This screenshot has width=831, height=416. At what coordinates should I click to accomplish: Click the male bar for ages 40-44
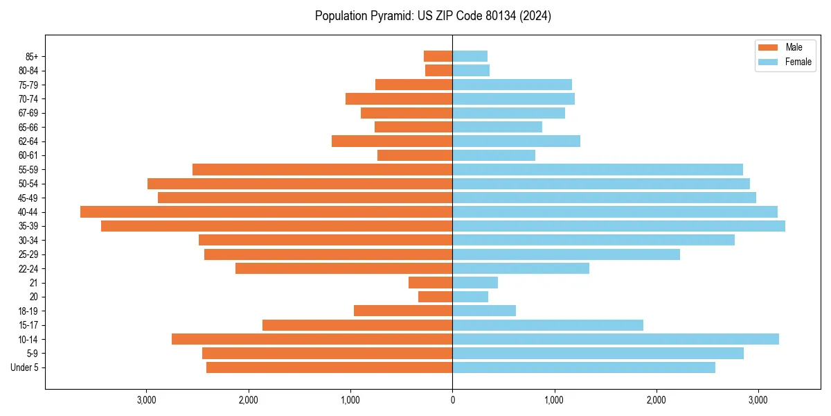(267, 211)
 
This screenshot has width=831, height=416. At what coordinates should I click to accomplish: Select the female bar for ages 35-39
(618, 226)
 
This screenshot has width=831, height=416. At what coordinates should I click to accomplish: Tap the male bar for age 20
(436, 297)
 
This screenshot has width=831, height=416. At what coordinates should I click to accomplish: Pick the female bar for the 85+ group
(470, 56)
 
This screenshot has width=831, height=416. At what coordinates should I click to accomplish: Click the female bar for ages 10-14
(616, 339)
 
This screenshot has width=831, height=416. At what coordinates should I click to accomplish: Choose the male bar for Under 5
(330, 367)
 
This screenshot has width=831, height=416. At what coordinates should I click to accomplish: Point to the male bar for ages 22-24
(344, 268)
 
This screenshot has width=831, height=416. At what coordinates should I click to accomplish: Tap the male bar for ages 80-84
(439, 70)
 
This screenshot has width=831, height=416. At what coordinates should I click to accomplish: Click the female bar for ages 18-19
(484, 311)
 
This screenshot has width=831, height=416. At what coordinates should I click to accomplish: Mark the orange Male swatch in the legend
(768, 47)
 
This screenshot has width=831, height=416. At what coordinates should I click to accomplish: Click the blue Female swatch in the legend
(768, 62)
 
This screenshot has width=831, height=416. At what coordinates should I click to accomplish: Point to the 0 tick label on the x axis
(452, 400)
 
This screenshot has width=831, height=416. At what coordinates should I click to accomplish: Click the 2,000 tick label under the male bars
(249, 400)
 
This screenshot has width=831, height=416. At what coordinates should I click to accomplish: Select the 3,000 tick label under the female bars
(758, 400)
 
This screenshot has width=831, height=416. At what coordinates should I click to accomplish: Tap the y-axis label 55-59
(28, 169)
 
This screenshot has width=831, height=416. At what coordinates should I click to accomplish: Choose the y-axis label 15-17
(28, 325)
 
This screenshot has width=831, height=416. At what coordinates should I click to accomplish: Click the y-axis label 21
(33, 283)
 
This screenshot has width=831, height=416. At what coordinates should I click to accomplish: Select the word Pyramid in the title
(387, 16)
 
